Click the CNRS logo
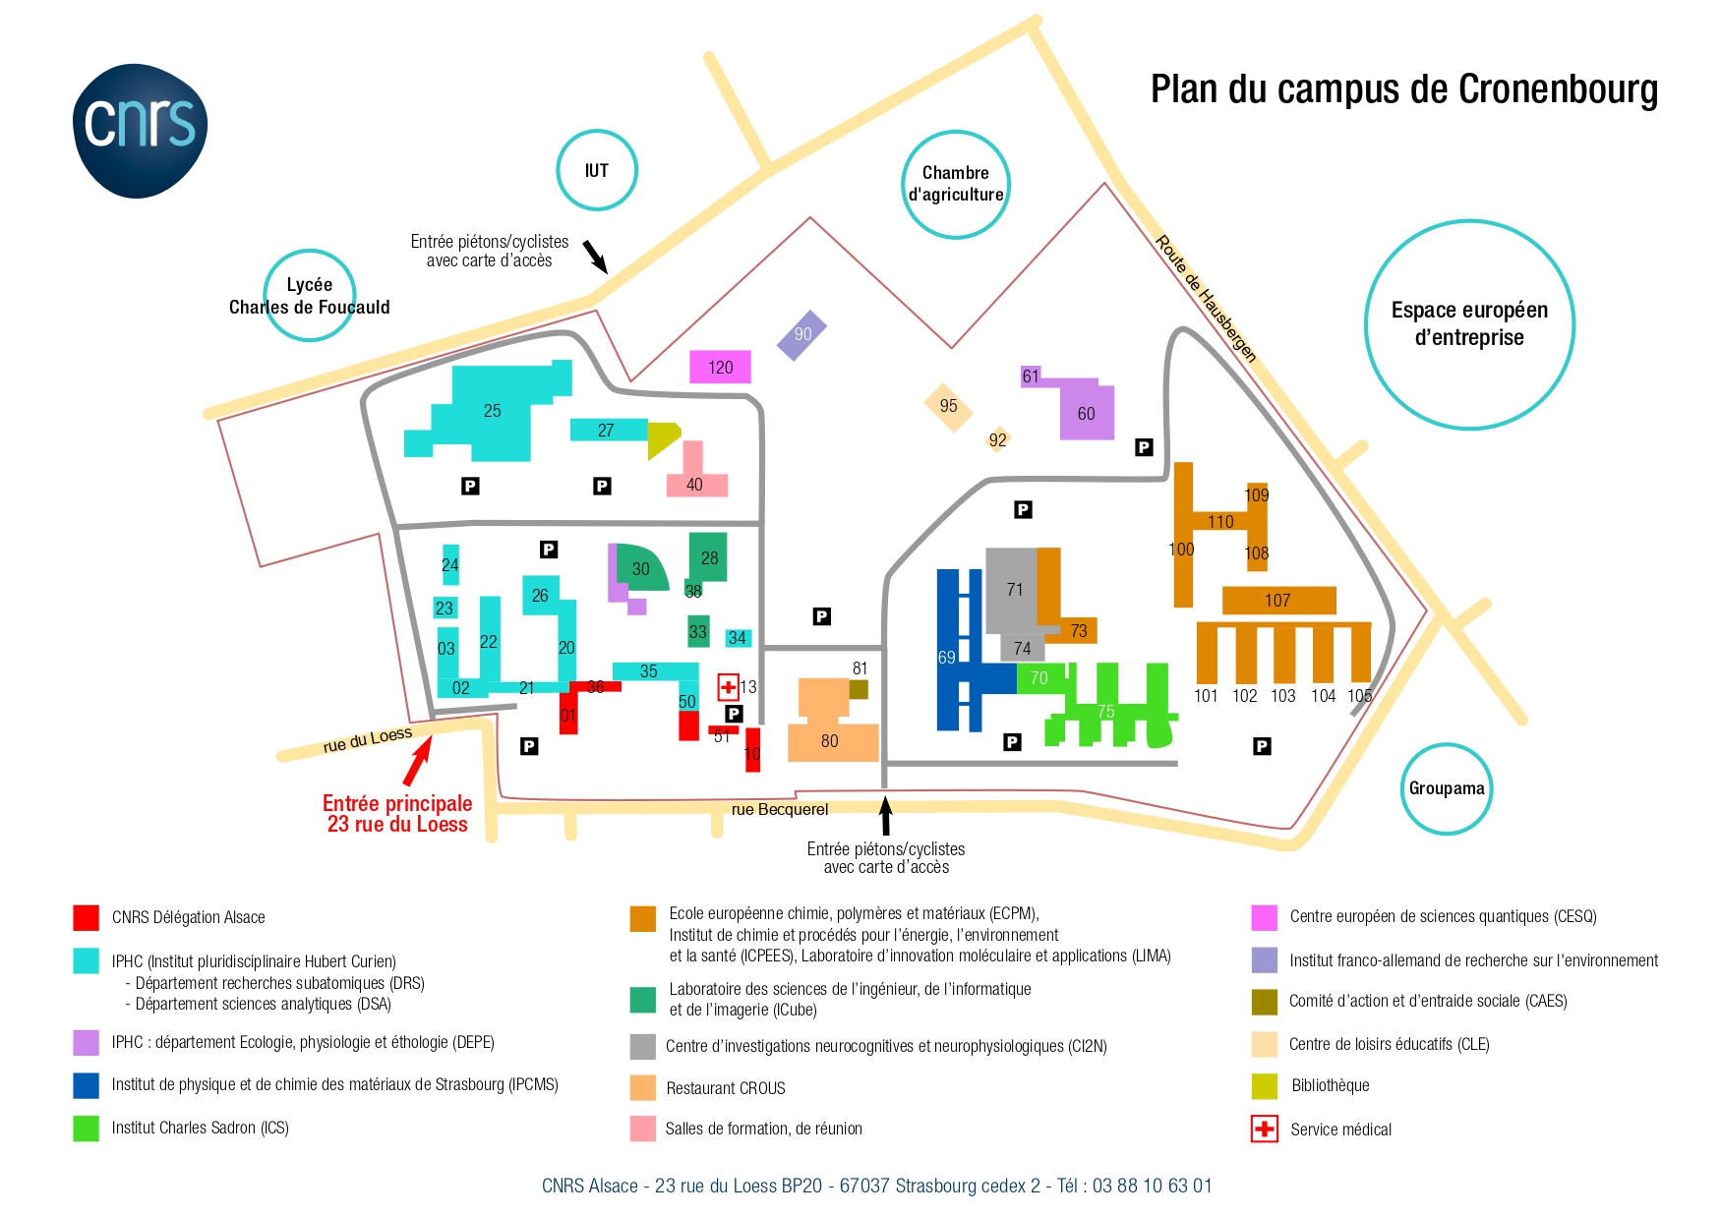pyautogui.click(x=140, y=131)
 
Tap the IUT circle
pyautogui.click(x=597, y=131)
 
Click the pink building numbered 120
pyautogui.click(x=720, y=367)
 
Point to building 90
pyautogui.click(x=802, y=335)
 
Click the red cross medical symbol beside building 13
pyautogui.click(x=728, y=687)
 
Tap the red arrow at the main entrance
pyautogui.click(x=418, y=761)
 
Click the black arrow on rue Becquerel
pyautogui.click(x=885, y=816)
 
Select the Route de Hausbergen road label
pyautogui.click(x=1206, y=299)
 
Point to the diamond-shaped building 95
pyautogui.click(x=948, y=407)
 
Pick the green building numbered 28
pyautogui.click(x=708, y=557)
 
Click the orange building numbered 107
pyautogui.click(x=1278, y=601)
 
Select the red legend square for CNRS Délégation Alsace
pyautogui.click(x=87, y=917)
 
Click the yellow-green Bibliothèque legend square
pyautogui.click(x=1265, y=1086)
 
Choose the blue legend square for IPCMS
pyautogui.click(x=87, y=1085)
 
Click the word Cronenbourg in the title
pyautogui.click(x=1558, y=89)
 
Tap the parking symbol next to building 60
pyautogui.click(x=1144, y=447)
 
